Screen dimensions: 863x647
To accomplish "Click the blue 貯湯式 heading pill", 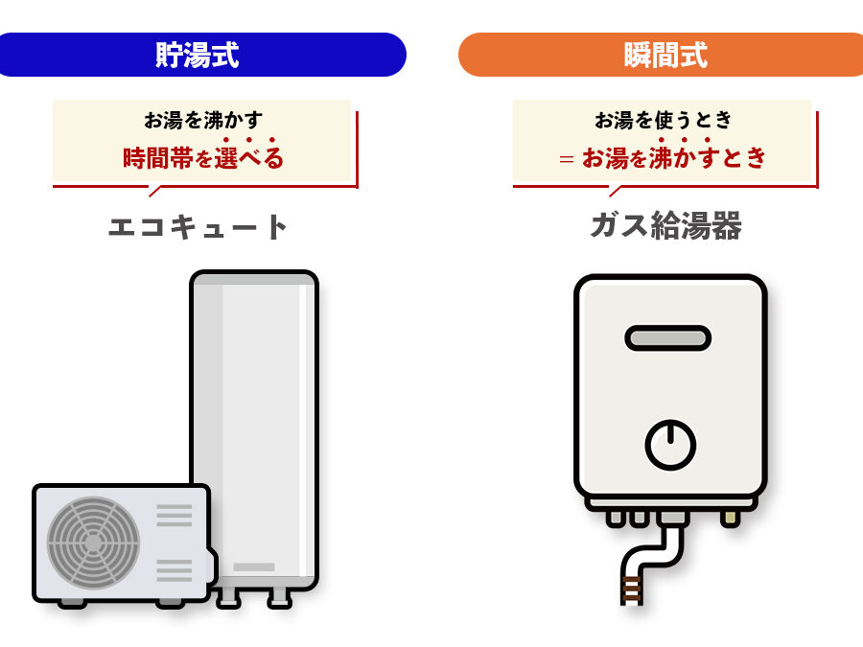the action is (x=201, y=55).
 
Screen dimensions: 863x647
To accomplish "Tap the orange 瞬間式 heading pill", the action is (x=661, y=55).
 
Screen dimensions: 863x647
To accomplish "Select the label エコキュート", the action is (x=198, y=226).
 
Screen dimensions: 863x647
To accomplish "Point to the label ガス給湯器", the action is (x=666, y=225).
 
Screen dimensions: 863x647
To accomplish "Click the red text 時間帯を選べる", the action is (x=203, y=158).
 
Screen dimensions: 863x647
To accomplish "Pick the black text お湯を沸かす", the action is (x=203, y=120).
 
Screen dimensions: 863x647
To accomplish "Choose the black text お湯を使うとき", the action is (x=664, y=120).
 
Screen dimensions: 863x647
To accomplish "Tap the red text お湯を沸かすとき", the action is (x=674, y=158).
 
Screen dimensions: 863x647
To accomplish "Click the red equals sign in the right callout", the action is (x=567, y=159).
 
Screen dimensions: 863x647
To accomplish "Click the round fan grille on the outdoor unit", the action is (x=93, y=543).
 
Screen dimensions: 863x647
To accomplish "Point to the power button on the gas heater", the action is (x=670, y=445).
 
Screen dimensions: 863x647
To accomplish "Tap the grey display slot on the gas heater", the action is (x=667, y=337).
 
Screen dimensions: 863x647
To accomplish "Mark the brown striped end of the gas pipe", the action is (x=632, y=590).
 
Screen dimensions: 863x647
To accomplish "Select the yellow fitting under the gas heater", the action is (x=731, y=519).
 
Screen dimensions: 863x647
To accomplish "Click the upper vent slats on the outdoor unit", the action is (x=175, y=516).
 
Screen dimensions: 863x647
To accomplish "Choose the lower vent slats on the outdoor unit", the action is (x=175, y=570).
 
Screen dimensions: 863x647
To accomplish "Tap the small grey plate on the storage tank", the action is (x=254, y=567).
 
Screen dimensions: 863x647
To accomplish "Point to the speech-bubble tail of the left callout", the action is (x=155, y=191).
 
